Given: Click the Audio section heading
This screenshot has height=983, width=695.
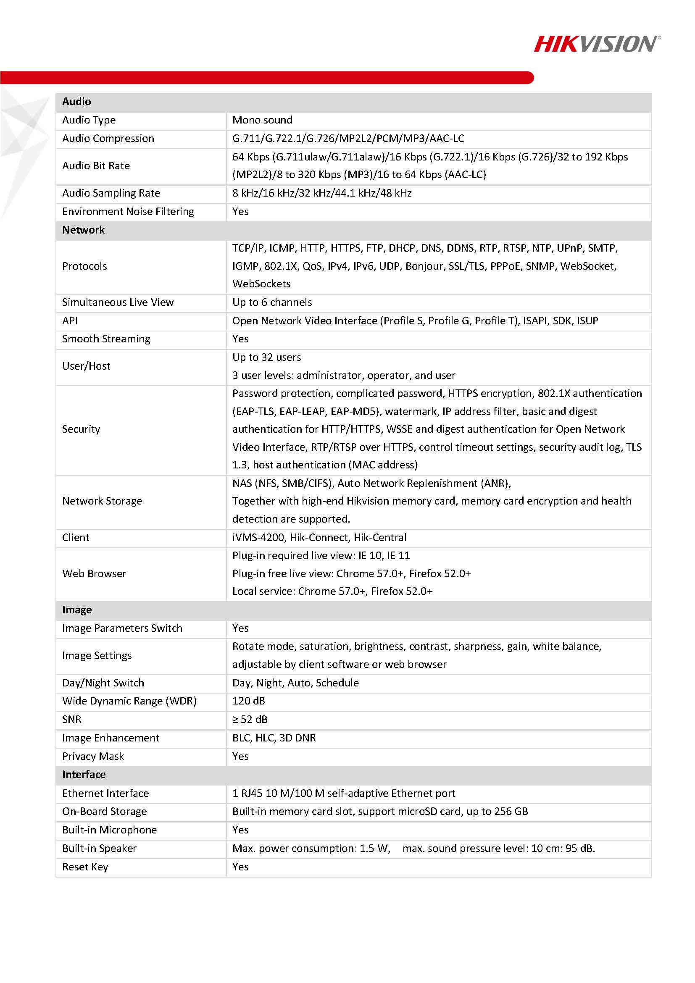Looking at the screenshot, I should [76, 102].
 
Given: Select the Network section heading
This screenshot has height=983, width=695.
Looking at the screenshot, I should [84, 230].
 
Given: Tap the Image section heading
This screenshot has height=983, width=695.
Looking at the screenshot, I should [76, 610].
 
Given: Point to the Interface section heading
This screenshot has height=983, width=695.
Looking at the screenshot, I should [84, 774].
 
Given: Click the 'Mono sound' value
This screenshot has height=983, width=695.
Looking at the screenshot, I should [262, 120].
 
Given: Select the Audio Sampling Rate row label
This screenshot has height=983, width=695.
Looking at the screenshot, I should [111, 193].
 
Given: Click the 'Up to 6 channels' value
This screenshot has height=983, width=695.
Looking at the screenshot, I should [272, 302].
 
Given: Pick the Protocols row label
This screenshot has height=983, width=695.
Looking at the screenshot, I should [84, 266].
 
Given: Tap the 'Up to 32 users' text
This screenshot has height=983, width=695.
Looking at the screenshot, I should [266, 357].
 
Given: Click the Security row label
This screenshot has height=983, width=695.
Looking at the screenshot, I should [81, 429].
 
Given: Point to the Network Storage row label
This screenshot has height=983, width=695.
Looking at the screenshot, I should [102, 501].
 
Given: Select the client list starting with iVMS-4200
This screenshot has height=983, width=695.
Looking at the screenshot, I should [319, 537].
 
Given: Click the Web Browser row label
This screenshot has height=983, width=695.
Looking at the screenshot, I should [94, 573].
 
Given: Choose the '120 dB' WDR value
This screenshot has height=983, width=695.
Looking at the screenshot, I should [248, 701].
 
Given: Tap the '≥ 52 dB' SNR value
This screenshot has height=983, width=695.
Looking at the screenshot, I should [250, 719].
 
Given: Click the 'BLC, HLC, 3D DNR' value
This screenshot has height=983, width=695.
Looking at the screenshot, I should [274, 738].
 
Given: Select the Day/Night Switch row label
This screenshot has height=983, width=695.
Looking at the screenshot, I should [103, 683].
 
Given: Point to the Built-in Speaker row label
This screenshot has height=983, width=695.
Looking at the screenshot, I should [99, 848].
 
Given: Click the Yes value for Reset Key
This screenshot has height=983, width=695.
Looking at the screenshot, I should [240, 867].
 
